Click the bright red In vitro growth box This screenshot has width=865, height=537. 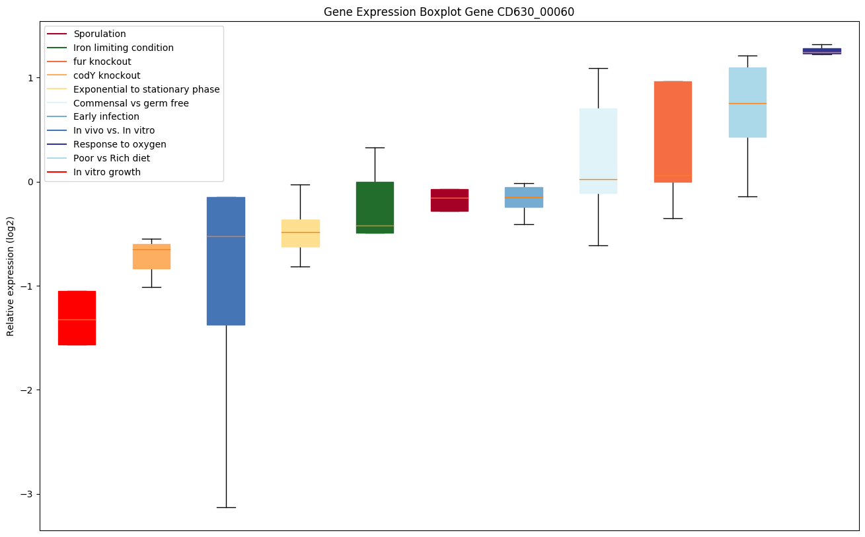coord(77,318)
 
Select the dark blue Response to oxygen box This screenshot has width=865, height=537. coord(821,51)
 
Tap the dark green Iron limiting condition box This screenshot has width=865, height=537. coord(375,207)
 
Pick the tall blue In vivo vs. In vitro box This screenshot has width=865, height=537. coord(226,261)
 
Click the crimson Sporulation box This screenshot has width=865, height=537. coord(449,200)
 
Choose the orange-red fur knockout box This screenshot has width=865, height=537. coord(673,132)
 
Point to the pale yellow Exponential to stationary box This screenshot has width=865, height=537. coord(301,233)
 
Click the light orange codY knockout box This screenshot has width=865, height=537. coord(151,257)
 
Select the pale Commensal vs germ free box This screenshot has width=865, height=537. coord(598,151)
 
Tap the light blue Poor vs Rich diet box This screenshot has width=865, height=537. coord(747,103)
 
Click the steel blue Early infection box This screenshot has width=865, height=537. coord(524,197)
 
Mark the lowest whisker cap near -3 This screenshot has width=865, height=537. coord(226,507)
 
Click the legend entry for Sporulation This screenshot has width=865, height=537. coord(100,34)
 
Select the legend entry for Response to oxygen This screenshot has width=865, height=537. coord(120,144)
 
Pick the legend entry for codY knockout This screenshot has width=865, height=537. coord(106,75)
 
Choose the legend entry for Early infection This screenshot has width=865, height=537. coord(106,116)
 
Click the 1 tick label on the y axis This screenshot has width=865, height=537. coord(29,77)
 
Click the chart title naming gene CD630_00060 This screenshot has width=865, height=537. coord(449,12)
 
